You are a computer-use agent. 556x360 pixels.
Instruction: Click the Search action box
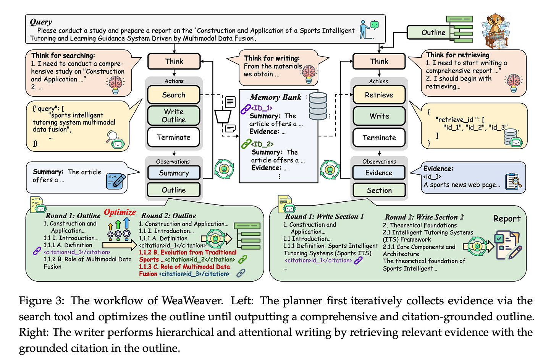(x=174, y=95)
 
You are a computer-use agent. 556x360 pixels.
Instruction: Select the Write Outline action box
(x=174, y=115)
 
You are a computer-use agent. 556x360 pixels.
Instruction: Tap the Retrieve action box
(x=379, y=95)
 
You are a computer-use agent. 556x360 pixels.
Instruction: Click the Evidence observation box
(x=378, y=173)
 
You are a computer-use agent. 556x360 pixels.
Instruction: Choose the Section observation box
(x=379, y=190)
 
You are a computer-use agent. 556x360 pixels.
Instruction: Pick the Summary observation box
(x=174, y=173)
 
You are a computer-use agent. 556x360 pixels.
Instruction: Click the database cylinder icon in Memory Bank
(x=318, y=106)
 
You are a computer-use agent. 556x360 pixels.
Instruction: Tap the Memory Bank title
(x=275, y=97)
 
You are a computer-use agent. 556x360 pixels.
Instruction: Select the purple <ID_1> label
(x=262, y=108)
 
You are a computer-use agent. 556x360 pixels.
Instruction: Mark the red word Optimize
(x=120, y=212)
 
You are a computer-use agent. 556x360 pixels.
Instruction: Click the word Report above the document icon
(x=507, y=219)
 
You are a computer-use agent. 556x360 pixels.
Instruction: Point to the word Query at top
(x=41, y=22)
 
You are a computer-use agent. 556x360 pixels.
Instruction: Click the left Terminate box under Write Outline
(x=174, y=137)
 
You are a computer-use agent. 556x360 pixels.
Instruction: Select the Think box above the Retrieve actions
(x=379, y=61)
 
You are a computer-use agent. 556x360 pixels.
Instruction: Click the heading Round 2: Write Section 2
(x=424, y=217)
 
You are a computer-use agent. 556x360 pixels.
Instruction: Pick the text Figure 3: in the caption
(x=42, y=301)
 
